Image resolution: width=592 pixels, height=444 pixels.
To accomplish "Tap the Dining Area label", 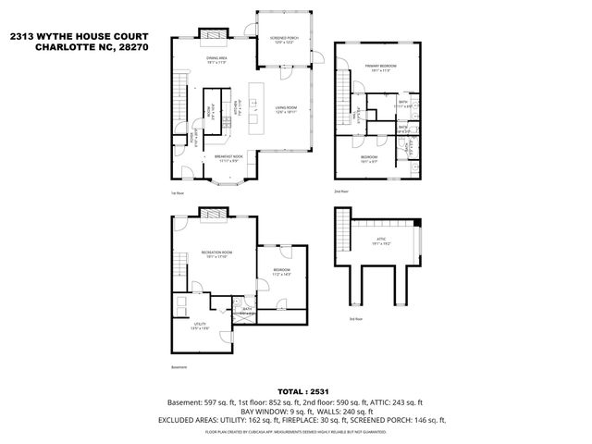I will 217,61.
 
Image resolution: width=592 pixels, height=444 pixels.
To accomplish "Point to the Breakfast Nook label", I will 228,157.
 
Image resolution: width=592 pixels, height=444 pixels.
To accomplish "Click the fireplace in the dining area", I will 215,36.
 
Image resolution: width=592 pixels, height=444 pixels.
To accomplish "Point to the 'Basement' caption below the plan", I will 179,366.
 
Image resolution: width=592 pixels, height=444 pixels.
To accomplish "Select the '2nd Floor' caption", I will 341,191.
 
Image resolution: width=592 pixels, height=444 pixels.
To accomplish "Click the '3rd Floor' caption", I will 355,318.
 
